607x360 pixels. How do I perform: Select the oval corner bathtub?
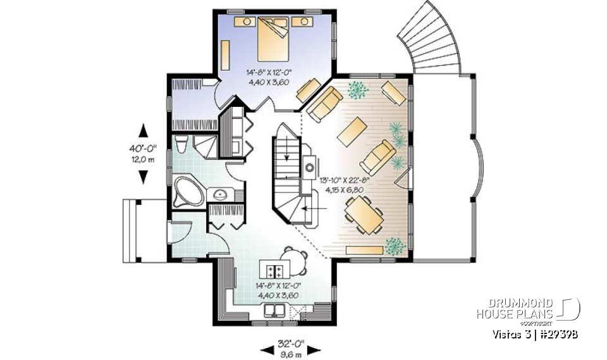(188, 192)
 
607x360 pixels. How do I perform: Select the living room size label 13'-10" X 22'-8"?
(345, 180)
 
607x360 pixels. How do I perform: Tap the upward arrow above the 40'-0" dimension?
(143, 131)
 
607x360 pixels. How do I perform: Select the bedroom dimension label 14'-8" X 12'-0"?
(269, 73)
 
